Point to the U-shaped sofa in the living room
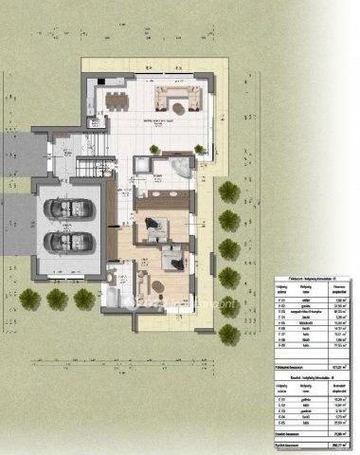[x=177, y=96]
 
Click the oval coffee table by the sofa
[x=175, y=100]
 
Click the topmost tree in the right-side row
[x=227, y=191]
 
